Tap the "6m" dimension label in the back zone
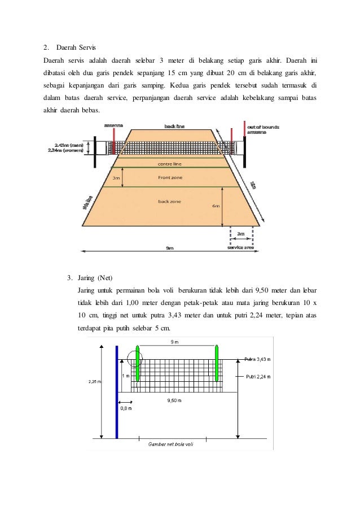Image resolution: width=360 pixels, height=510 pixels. [x=216, y=206]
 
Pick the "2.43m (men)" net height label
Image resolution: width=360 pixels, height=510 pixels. [x=65, y=145]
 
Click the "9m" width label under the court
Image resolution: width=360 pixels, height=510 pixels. [x=169, y=248]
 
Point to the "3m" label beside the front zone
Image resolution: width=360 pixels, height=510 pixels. [x=117, y=177]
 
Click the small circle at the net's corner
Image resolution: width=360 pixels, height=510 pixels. [x=135, y=358]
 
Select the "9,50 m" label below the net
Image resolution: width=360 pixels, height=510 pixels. [x=174, y=400]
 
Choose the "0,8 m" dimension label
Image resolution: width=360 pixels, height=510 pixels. [x=125, y=407]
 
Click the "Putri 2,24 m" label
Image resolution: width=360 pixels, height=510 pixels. [x=258, y=376]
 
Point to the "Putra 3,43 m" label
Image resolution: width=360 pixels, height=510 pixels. [x=258, y=359]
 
